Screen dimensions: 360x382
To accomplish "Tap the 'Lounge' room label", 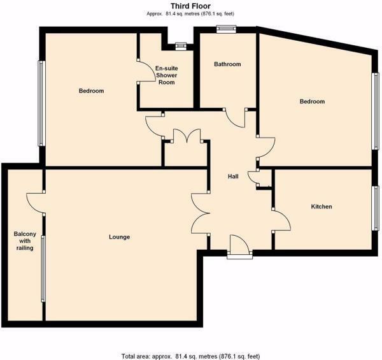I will [x=119, y=237].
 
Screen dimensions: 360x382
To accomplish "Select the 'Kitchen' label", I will [x=321, y=207].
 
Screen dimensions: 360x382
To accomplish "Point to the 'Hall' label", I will [x=234, y=176].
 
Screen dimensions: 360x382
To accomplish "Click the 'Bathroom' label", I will [x=227, y=64].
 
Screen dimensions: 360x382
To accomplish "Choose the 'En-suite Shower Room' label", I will [x=166, y=75].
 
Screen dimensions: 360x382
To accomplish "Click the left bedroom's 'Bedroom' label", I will [x=91, y=91].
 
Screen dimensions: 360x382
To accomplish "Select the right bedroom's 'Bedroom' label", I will [x=312, y=102].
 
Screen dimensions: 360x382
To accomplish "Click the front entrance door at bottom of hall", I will [x=239, y=246].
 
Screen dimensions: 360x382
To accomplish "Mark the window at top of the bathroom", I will [x=225, y=28].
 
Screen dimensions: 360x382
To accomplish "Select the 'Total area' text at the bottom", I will [x=190, y=355].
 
